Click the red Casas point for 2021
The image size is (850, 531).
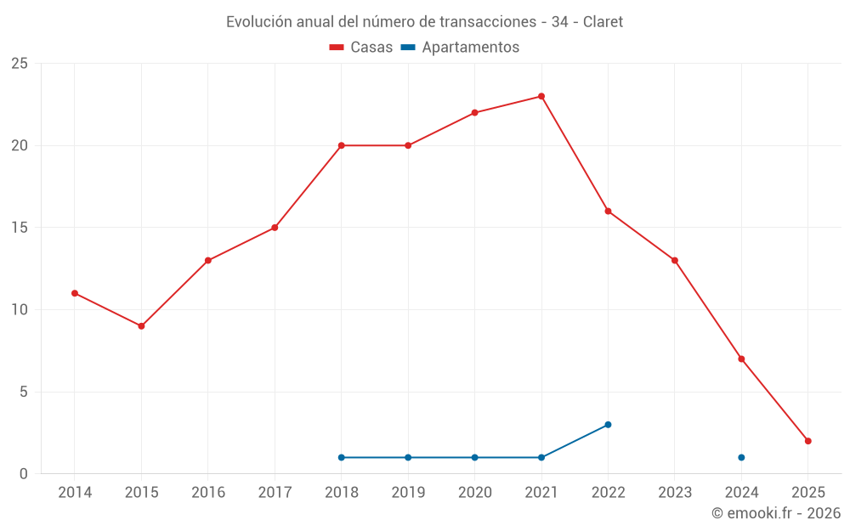pyautogui.click(x=541, y=96)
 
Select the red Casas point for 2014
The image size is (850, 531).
pyautogui.click(x=75, y=293)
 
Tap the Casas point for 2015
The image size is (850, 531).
pyautogui.click(x=141, y=326)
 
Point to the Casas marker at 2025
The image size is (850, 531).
pyautogui.click(x=808, y=441)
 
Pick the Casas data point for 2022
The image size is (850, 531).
pyautogui.click(x=608, y=211)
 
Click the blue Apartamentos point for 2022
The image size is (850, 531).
pyautogui.click(x=608, y=425)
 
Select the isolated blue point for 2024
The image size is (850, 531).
pyautogui.click(x=741, y=457)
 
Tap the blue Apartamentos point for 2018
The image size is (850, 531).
pyautogui.click(x=342, y=457)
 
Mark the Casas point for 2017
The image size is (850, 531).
pyautogui.click(x=275, y=228)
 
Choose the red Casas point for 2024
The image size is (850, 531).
pyautogui.click(x=741, y=359)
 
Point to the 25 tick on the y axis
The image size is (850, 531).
pyautogui.click(x=20, y=64)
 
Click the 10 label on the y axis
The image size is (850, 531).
pyautogui.click(x=20, y=309)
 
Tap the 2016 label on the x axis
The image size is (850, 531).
pyautogui.click(x=208, y=492)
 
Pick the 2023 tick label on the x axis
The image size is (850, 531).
pyautogui.click(x=675, y=492)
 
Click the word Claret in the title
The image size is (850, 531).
pyautogui.click(x=603, y=22)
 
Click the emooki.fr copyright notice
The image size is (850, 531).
pyautogui.click(x=775, y=513)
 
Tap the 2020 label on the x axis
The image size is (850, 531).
pyautogui.click(x=475, y=492)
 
